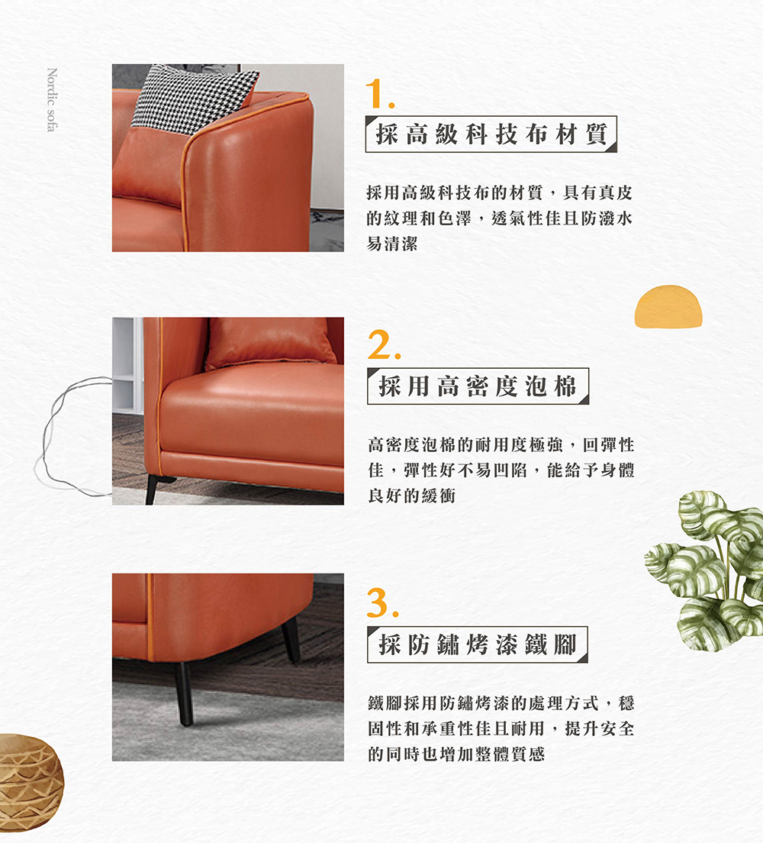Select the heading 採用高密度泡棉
pos(478,386)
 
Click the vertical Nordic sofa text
pos(51,100)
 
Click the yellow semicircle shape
pos(668,307)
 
